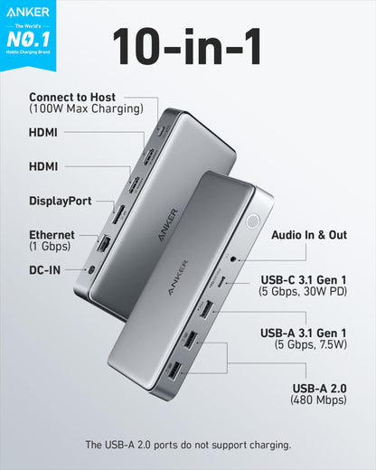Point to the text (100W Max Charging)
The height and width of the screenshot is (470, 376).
pos(86,109)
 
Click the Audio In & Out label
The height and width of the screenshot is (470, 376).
pos(309,235)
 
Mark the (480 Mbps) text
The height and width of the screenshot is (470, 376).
pos(318,399)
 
